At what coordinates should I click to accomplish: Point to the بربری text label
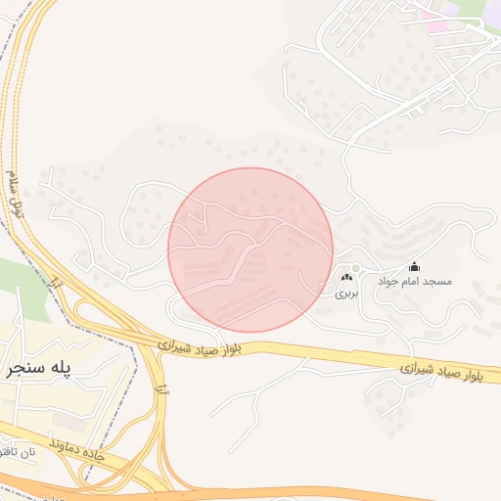[x=347, y=293]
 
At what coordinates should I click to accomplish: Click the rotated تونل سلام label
[x=14, y=194]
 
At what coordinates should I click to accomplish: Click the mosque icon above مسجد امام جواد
[x=414, y=266]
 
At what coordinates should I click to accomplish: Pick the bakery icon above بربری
[x=346, y=279]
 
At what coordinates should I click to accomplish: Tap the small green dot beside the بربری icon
[x=356, y=268]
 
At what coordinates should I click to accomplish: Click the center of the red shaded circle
[x=250, y=250]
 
